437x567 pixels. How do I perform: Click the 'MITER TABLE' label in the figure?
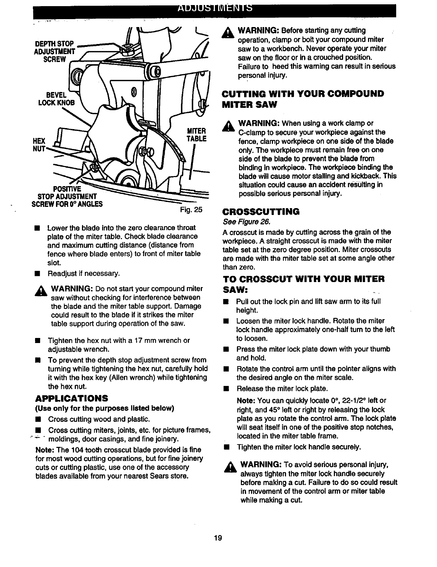coord(196,135)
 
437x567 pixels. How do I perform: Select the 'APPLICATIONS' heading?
coord(72,399)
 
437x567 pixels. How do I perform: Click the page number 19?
coord(218,538)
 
